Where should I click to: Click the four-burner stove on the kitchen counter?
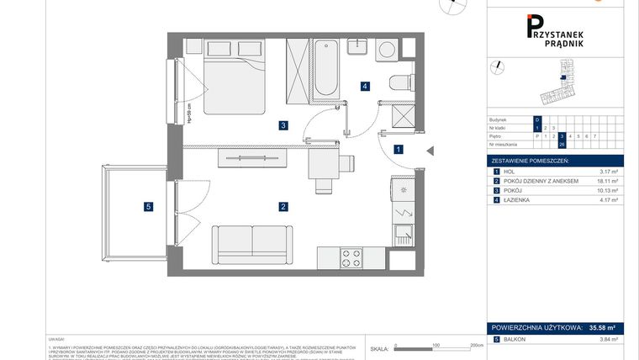(x=351, y=258)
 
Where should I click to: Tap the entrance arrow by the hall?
(x=429, y=150)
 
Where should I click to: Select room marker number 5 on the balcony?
(x=148, y=206)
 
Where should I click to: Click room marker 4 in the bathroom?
(x=364, y=86)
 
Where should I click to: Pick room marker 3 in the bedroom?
(x=284, y=126)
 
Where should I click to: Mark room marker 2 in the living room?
(x=284, y=206)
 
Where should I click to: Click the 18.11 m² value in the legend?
(x=603, y=181)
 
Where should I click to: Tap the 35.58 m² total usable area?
(x=602, y=326)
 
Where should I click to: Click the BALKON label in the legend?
(x=516, y=339)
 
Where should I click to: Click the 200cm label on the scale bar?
(x=476, y=345)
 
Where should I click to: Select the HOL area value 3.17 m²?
(x=605, y=172)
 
